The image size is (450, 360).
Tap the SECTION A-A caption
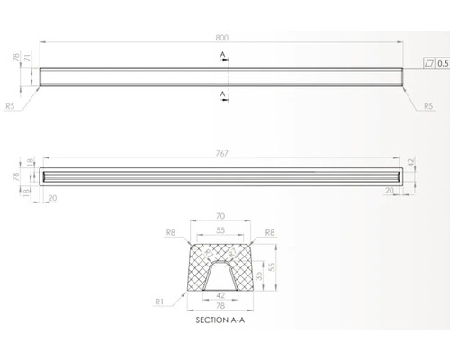click(x=221, y=319)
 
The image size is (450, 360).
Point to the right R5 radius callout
click(x=430, y=106)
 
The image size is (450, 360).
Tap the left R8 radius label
click(x=173, y=233)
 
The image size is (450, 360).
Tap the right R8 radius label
click(x=270, y=233)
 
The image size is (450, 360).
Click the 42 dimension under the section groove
click(x=221, y=293)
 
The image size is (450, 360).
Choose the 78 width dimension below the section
click(x=221, y=306)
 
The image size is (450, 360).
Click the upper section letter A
click(x=221, y=54)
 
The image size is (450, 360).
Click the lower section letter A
click(x=221, y=92)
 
